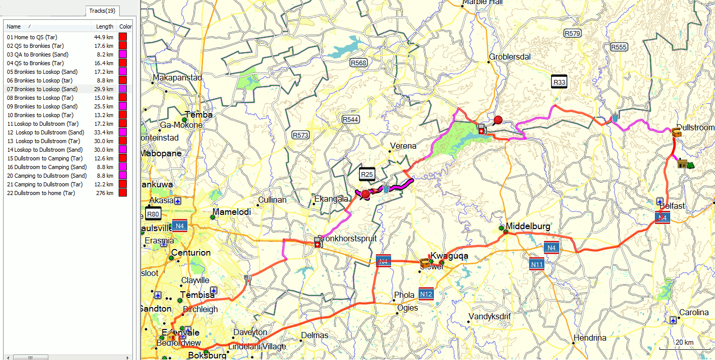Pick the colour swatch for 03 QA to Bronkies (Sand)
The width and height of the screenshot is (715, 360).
coord(122,54)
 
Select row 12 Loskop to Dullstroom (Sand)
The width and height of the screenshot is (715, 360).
coord(45,132)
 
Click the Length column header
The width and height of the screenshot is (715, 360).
coord(105,26)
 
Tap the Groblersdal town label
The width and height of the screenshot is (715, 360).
coord(510,57)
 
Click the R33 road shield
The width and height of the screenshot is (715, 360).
coord(559,82)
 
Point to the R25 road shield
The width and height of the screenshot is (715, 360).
coord(367,175)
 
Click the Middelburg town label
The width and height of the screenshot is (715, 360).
coord(528,226)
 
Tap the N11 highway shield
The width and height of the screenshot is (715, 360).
coord(537,264)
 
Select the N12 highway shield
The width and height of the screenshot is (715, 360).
coord(426,294)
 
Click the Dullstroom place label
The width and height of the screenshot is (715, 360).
coord(695,127)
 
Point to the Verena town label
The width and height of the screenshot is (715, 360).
coord(403,146)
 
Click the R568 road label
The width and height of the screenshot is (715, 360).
coord(358,63)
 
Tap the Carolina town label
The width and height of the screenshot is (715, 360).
coord(694,312)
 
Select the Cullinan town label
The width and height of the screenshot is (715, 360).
coord(272,200)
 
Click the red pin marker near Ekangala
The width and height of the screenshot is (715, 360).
coord(365,193)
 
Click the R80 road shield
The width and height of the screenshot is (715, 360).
coord(153,213)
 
